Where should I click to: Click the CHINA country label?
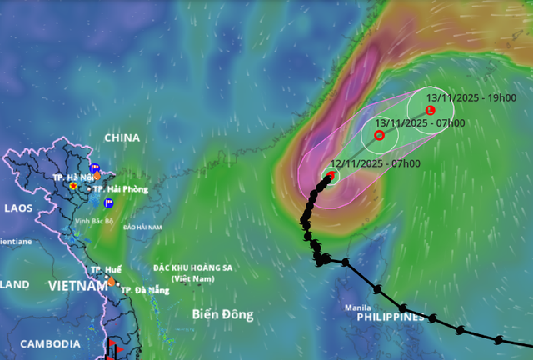point(122,137)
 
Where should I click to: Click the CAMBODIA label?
point(50,343)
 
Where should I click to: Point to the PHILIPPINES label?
point(391,317)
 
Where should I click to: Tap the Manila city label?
point(358,307)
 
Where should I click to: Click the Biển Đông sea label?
point(222,315)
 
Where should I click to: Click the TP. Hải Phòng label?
point(121,189)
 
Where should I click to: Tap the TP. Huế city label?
point(106,270)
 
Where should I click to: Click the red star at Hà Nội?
point(73,186)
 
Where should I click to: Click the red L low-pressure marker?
point(430,110)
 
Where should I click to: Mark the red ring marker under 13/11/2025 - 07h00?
point(379,135)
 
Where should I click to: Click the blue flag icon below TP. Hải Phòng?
point(108,202)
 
